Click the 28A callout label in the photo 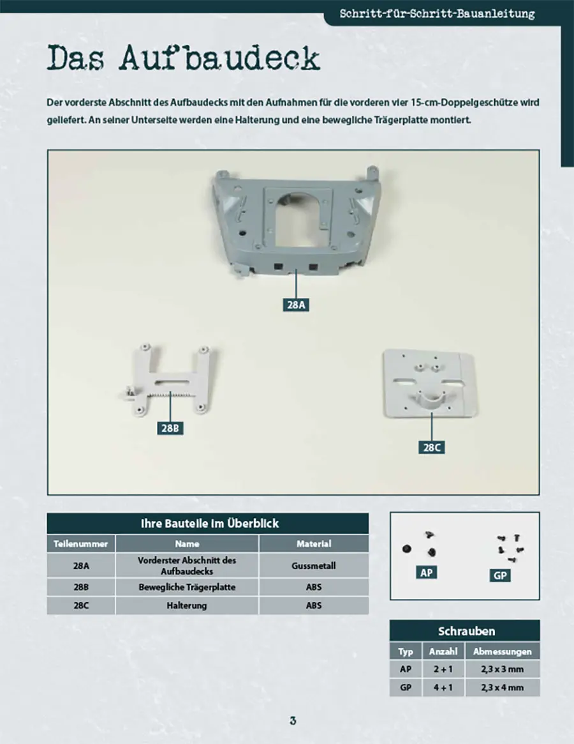pos(296,305)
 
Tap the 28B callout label pos(170,428)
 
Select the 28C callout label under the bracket pos(431,447)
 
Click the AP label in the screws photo pos(426,573)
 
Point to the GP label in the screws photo pos(500,575)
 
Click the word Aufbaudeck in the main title pos(219,58)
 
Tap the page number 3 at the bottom pos(293,721)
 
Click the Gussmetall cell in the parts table pos(314,566)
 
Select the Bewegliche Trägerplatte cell pos(187,587)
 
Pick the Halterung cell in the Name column pos(187,605)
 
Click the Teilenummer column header pos(80,543)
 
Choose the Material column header pos(314,543)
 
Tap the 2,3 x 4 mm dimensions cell pos(503,688)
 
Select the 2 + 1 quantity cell pos(443,669)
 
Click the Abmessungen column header pos(503,651)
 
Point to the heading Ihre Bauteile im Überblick pos(209,524)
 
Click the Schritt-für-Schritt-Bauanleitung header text pos(437,13)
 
